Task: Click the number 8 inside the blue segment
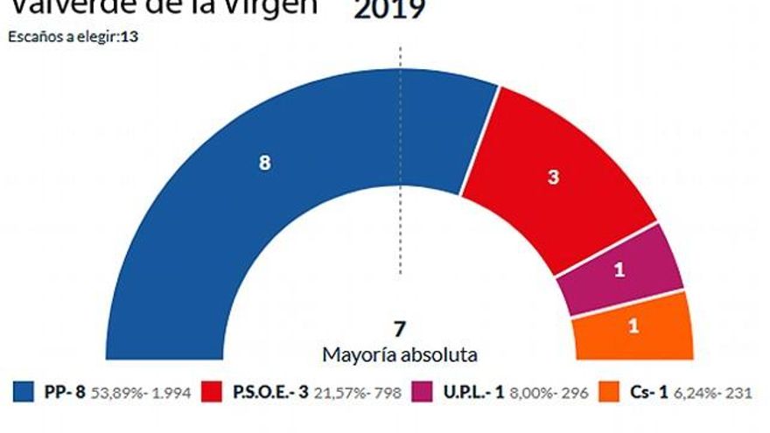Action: point(264,163)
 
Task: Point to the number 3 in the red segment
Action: point(553,177)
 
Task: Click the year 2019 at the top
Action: point(389,10)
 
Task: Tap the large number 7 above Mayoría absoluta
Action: point(400,330)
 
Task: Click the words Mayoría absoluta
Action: point(400,355)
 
